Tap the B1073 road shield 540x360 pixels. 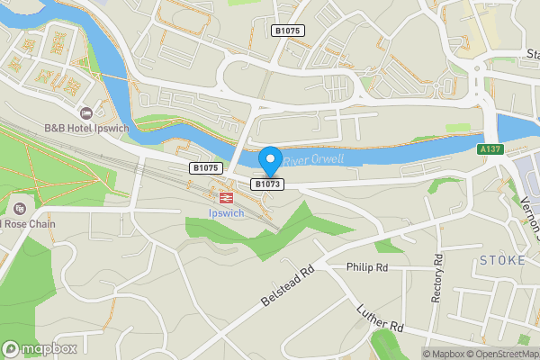[x=268, y=184]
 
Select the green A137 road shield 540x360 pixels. [x=490, y=148]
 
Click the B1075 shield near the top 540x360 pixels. [x=288, y=31]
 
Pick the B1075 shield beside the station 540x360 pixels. [x=205, y=167]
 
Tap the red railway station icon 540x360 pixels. [x=225, y=195]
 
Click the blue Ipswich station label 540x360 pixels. [x=225, y=213]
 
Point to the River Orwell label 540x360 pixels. [x=308, y=160]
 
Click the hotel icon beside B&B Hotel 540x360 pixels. [x=86, y=113]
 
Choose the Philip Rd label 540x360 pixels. [x=367, y=267]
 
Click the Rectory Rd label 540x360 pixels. [x=437, y=279]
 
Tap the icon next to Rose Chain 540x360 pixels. [x=20, y=208]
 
